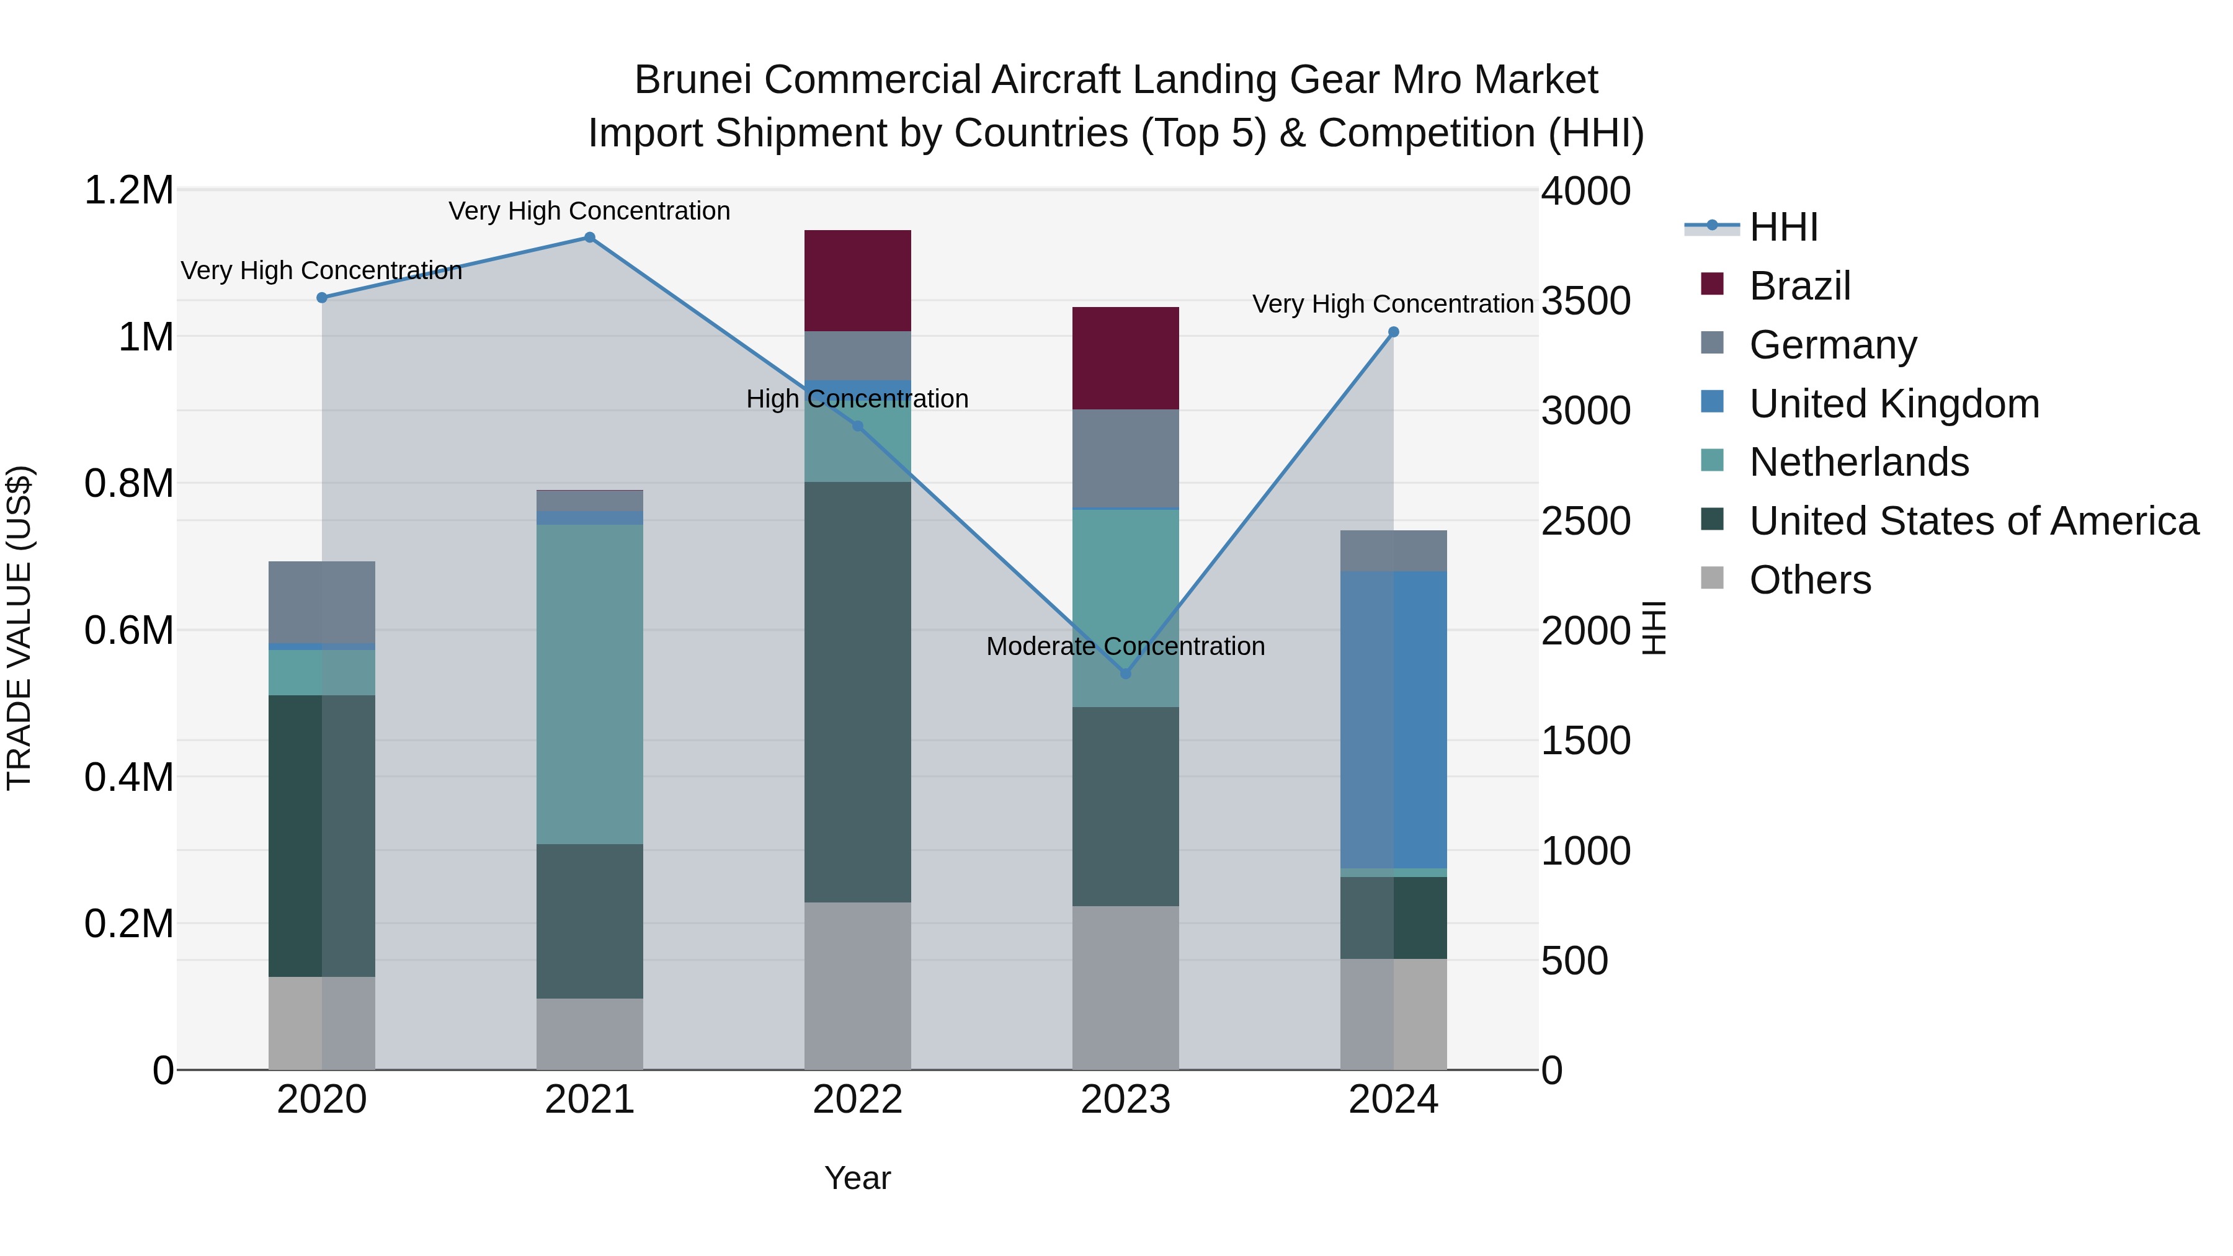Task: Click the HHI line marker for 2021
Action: tap(589, 238)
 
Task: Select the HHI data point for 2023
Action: tap(1125, 674)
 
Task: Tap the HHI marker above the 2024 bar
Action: tap(1393, 332)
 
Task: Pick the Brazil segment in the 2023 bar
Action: tap(1125, 358)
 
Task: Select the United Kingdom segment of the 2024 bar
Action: tap(1393, 719)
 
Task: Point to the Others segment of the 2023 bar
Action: tap(1125, 987)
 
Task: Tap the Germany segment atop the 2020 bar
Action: tap(321, 602)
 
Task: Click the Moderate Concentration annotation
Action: tap(1125, 647)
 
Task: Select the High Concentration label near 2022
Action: tap(857, 399)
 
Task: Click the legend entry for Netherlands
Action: tap(1858, 462)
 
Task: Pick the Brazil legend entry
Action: tap(1799, 286)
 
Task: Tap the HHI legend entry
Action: tap(1783, 227)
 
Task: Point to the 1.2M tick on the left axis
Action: tap(128, 190)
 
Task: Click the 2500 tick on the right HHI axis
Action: tap(1585, 521)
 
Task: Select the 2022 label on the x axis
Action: tap(857, 1100)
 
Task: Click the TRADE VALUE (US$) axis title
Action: tap(19, 628)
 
